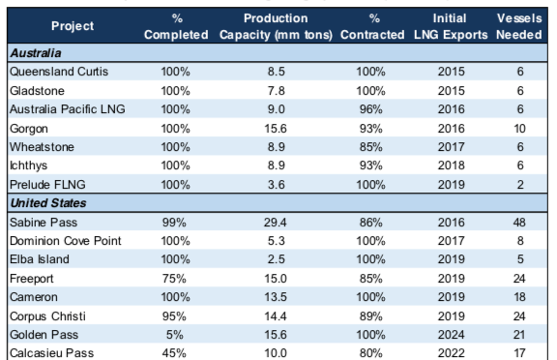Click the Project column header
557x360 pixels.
click(73, 26)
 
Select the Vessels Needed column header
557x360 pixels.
click(519, 26)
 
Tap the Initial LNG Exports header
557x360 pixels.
click(451, 26)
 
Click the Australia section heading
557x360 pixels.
click(36, 53)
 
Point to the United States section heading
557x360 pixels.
click(48, 203)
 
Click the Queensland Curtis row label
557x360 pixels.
click(59, 72)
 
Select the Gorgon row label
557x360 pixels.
click(29, 129)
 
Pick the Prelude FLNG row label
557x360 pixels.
click(47, 185)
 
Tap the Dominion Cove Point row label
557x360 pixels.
click(66, 241)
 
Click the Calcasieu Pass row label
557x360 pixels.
click(52, 353)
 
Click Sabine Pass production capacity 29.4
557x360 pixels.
click(276, 223)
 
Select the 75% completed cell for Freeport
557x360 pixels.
click(174, 279)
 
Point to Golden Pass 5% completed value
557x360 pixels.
click(174, 335)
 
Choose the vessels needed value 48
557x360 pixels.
click(519, 223)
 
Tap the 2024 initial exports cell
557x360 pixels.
click(452, 335)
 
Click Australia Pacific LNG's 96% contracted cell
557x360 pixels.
click(371, 109)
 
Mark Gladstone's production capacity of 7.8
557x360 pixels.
click(277, 91)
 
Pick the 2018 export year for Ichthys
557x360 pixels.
click(452, 165)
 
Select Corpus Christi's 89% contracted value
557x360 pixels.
click(371, 315)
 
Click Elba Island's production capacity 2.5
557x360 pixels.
click(277, 259)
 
